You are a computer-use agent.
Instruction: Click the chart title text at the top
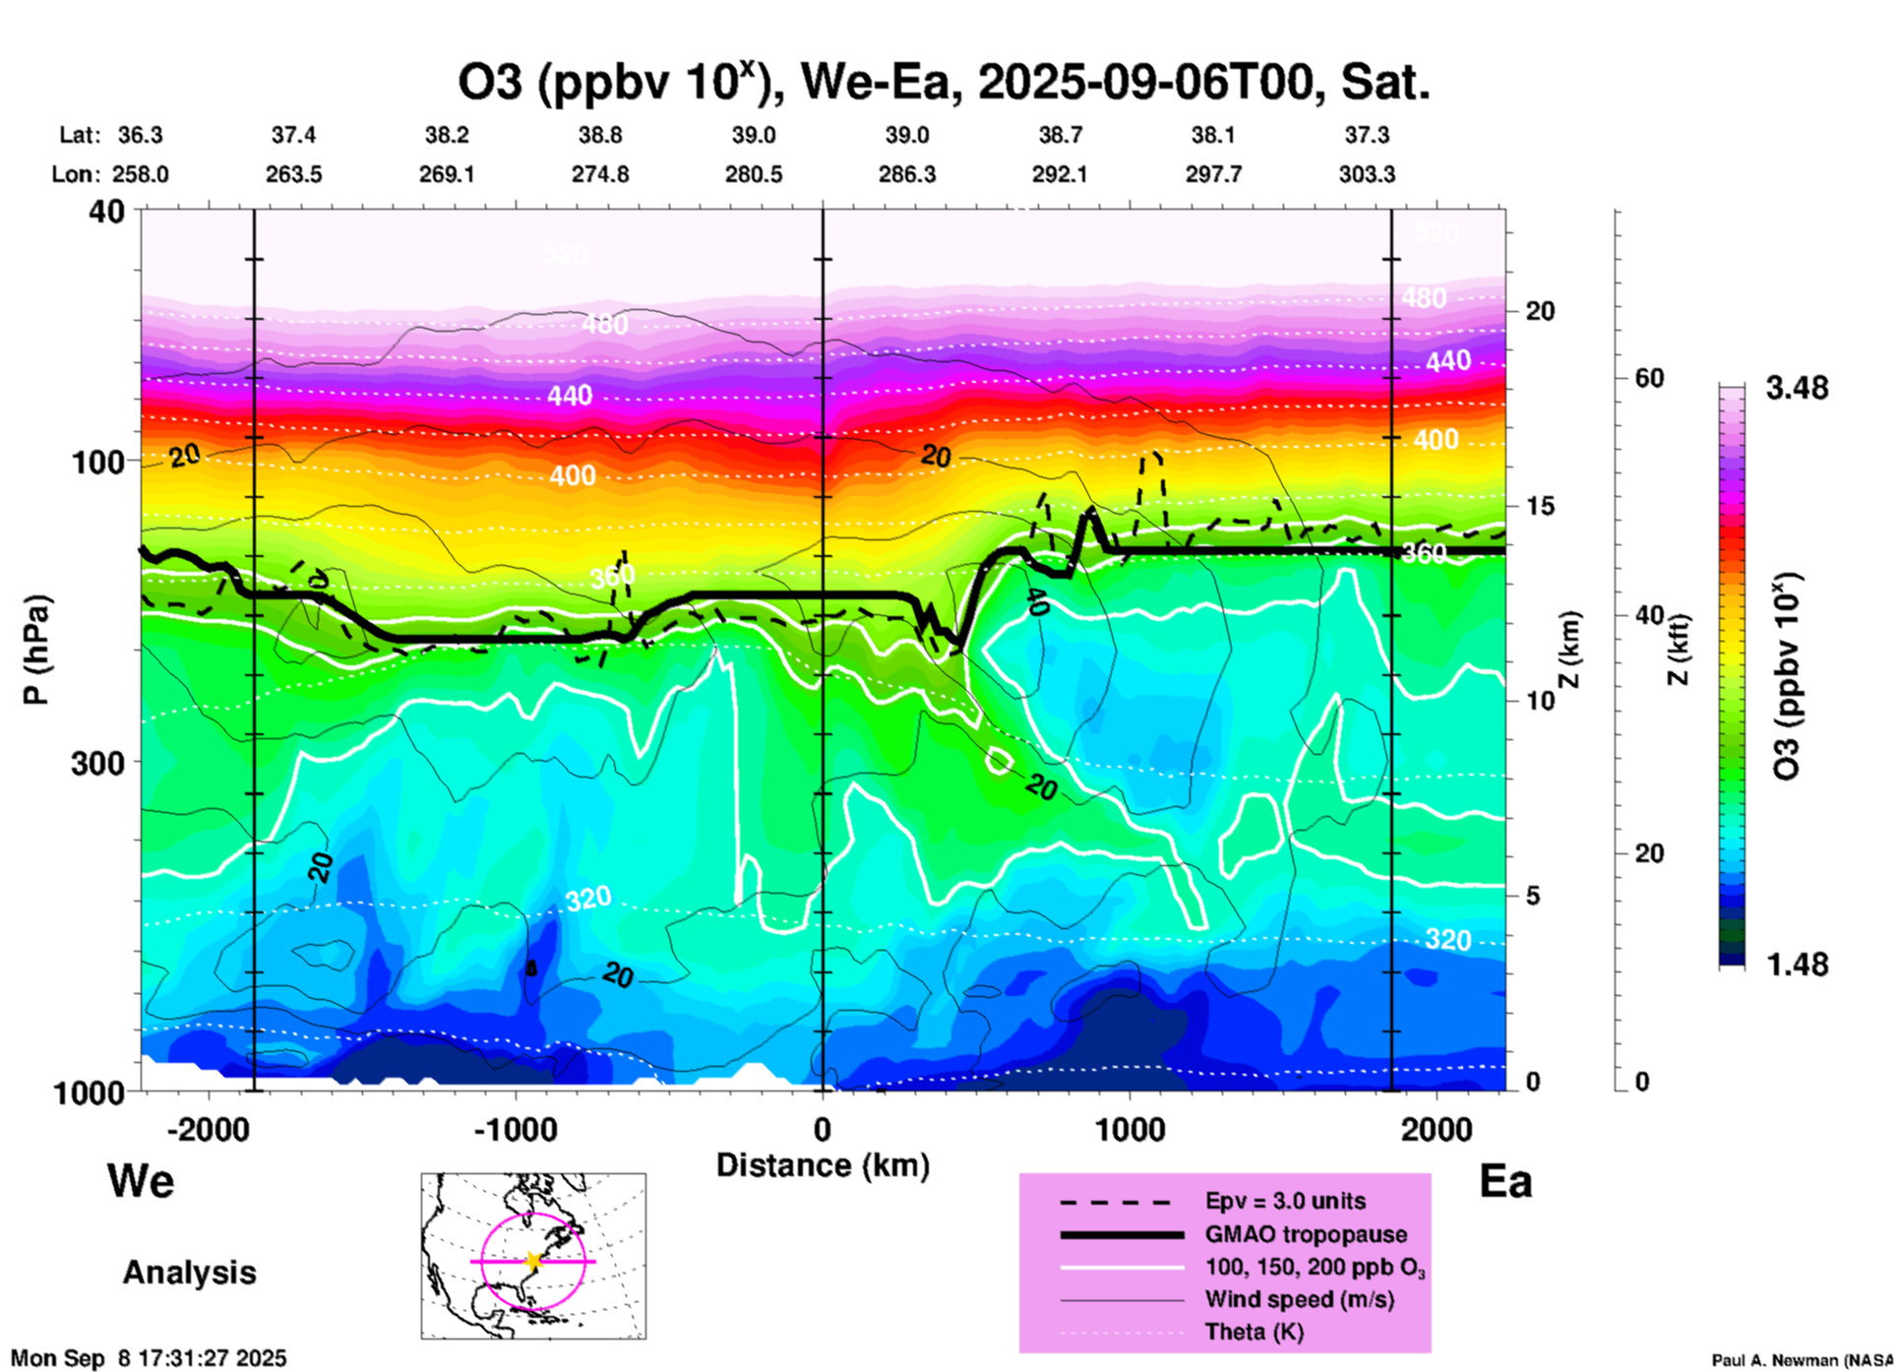click(943, 83)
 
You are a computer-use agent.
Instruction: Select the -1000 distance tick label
click(515, 1130)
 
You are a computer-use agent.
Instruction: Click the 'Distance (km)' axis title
click(823, 1165)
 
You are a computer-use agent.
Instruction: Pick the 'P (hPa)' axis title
click(36, 650)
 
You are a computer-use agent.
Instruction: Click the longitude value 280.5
click(754, 175)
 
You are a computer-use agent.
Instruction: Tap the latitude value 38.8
click(600, 136)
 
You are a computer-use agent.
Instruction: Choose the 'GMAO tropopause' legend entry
click(1306, 1234)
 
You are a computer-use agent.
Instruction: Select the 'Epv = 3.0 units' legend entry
click(1285, 1202)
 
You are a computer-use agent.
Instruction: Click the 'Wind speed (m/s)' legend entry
click(1299, 1299)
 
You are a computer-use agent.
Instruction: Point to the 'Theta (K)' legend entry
click(1253, 1332)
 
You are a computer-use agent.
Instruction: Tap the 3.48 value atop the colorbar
click(1797, 389)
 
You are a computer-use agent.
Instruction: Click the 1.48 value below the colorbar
click(1797, 965)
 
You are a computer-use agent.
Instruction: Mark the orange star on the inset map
click(533, 1261)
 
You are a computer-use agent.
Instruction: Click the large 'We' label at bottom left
click(141, 1180)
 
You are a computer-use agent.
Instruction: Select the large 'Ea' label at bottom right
click(1505, 1181)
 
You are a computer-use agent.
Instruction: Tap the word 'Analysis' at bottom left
click(189, 1273)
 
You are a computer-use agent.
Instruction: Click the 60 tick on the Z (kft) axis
click(1649, 379)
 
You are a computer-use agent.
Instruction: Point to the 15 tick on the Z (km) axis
click(1540, 507)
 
